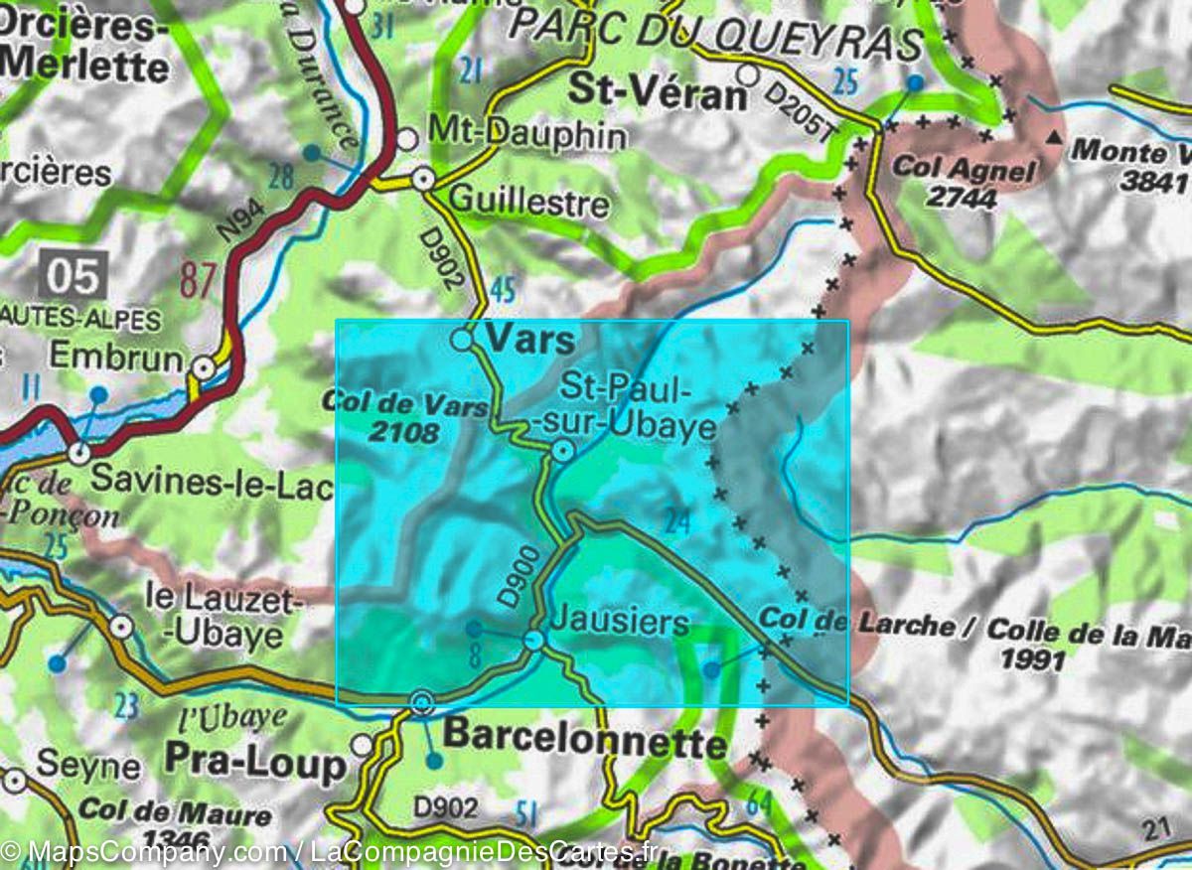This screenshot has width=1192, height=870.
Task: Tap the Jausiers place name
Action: pos(618,623)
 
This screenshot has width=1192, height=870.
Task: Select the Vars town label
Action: pos(529,341)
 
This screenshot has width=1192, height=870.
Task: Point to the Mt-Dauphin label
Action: pos(526,134)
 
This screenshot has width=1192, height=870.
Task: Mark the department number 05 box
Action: pos(73,276)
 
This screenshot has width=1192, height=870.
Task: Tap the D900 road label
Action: pos(519,579)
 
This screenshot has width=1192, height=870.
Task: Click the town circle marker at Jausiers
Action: pos(534,641)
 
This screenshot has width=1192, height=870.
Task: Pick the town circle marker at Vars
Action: pos(462,341)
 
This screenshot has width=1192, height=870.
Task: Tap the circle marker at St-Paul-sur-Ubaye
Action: pos(562,453)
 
